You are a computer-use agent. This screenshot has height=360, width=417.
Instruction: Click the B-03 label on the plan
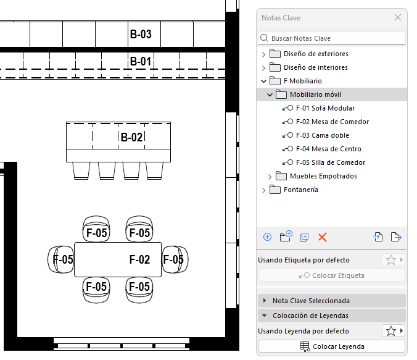coord(141,35)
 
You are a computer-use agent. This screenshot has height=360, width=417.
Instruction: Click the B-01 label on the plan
coord(141,62)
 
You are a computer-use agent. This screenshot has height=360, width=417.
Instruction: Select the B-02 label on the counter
coord(131,137)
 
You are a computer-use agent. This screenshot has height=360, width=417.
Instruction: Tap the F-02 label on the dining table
coord(139,260)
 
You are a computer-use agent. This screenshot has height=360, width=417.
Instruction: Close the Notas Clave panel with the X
coord(398,18)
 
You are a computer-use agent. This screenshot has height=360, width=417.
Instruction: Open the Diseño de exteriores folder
coord(315,54)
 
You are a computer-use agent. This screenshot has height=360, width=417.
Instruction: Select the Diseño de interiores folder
coord(315,68)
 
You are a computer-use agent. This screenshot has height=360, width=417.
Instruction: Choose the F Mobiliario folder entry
coord(302,82)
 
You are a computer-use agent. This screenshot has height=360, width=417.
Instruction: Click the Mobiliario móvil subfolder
coord(315,95)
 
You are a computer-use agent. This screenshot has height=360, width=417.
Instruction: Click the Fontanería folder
coord(300,190)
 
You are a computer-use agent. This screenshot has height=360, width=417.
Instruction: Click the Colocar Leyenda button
coord(332,346)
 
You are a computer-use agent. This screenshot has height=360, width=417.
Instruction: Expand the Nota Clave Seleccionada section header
coord(311,301)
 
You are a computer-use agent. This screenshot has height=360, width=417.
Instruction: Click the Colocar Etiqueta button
coord(332,275)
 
